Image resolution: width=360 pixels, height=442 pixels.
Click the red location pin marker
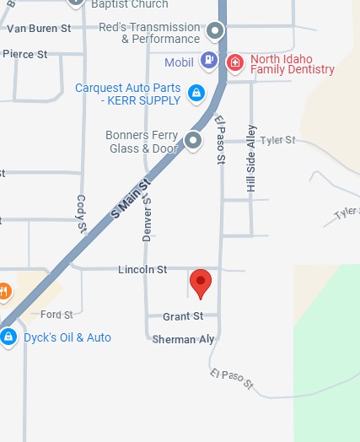(200, 283)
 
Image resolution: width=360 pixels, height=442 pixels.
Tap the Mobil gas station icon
(207, 60)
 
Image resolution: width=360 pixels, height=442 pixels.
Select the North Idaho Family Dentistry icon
(236, 62)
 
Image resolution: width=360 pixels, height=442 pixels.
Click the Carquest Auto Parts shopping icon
(196, 91)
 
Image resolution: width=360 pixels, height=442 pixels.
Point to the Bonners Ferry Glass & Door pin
(193, 139)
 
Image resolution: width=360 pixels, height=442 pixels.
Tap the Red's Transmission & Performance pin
(216, 33)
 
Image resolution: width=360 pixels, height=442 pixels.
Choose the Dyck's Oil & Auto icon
(8, 337)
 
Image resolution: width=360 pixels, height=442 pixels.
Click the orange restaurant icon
(4, 293)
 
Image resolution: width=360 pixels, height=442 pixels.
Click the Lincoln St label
(143, 270)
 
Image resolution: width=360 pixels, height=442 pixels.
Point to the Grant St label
(183, 317)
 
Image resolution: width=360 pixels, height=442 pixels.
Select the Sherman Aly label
(184, 339)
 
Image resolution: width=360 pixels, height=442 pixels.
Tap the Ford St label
(56, 315)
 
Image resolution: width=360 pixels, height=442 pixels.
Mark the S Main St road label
(130, 199)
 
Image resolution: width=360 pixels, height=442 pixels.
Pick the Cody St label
(82, 214)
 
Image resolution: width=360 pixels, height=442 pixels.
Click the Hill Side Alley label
(251, 159)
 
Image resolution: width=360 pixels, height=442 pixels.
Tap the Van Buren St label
(39, 29)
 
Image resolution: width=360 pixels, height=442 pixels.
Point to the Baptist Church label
(131, 4)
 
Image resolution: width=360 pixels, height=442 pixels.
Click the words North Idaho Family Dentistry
(292, 63)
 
